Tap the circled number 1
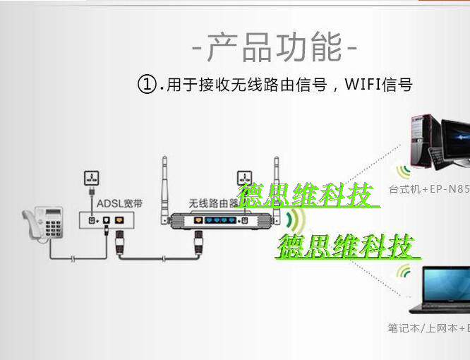146,86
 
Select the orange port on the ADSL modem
119,220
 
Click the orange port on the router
199,221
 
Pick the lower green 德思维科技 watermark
348,247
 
